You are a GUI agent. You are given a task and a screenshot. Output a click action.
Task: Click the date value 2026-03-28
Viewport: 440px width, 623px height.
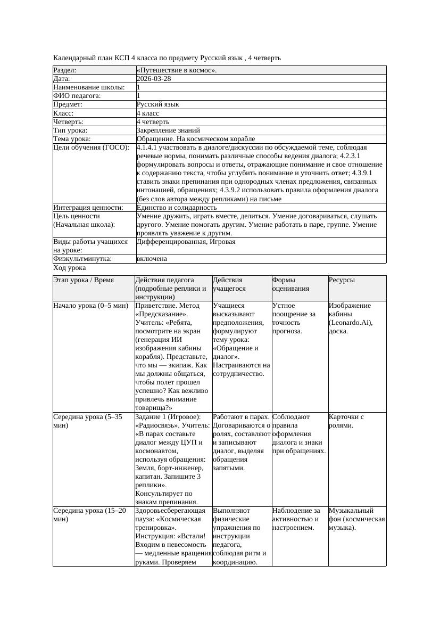[154, 79]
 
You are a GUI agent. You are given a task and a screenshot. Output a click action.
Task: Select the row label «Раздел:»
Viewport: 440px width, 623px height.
[65, 70]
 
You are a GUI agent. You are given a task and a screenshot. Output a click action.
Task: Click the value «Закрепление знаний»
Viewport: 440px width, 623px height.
[168, 130]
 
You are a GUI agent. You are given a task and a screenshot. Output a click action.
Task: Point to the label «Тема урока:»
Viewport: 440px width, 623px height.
[72, 139]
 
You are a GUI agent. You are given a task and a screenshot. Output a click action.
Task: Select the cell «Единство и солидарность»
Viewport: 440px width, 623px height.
[177, 208]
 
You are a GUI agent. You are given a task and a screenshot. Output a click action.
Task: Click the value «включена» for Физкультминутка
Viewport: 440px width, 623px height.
[152, 259]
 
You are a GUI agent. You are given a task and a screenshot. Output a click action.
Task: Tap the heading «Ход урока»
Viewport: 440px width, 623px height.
[69, 268]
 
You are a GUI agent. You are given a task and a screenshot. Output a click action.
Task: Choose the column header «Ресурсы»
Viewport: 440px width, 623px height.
[342, 280]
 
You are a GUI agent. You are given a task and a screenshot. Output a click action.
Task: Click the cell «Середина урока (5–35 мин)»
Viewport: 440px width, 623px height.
[88, 421]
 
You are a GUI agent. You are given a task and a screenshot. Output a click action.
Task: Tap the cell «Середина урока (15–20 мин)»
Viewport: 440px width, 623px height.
[89, 514]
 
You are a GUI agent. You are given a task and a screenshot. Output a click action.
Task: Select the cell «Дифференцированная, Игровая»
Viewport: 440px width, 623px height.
[186, 242]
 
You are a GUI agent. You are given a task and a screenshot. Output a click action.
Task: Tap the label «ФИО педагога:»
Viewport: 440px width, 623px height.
[77, 96]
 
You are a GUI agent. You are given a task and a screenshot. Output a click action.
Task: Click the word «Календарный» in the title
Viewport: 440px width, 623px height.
[74, 58]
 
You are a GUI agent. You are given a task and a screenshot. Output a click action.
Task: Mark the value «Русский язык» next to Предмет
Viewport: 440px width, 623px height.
[157, 105]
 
